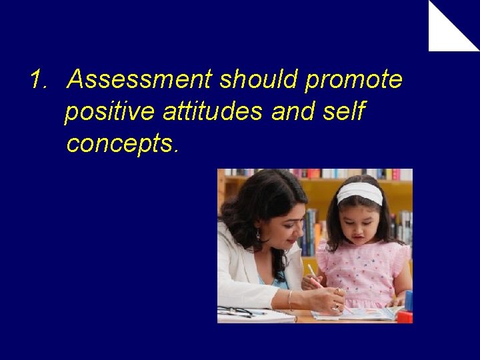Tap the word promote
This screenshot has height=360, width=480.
(x=354, y=80)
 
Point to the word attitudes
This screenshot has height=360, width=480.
(x=212, y=112)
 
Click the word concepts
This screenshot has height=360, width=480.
(x=122, y=144)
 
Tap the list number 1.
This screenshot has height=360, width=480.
(x=38, y=80)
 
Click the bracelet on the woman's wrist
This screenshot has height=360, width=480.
(x=290, y=299)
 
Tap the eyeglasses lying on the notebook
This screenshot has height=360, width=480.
(x=240, y=311)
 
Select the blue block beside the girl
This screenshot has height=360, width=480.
(x=408, y=300)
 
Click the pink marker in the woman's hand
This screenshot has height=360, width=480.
(x=313, y=276)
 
